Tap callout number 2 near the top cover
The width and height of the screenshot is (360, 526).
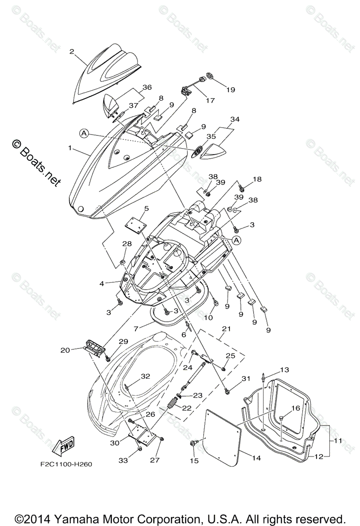(x=72, y=51)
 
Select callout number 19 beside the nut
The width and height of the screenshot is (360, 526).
(x=230, y=89)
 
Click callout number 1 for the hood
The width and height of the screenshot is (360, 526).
(x=70, y=148)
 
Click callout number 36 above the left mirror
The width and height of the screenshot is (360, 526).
(x=147, y=87)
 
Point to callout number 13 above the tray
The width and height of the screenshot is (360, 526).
(x=285, y=369)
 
